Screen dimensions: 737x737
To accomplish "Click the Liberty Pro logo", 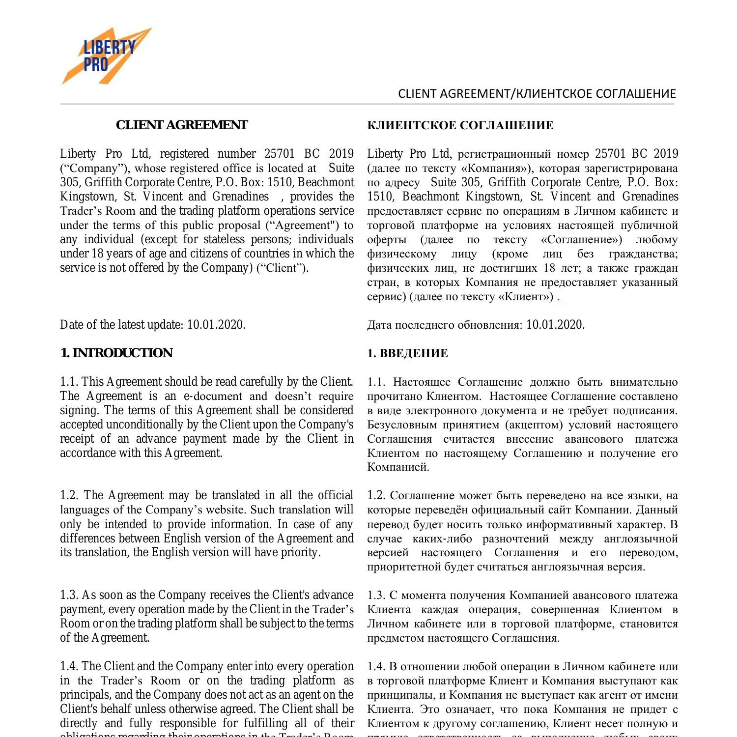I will [x=107, y=56].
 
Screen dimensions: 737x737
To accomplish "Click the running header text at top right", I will [x=537, y=93].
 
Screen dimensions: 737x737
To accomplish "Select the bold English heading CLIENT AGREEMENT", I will [x=182, y=125].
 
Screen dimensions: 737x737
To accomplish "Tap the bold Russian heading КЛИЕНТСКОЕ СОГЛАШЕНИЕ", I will [x=460, y=126].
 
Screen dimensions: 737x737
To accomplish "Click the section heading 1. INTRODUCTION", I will [x=116, y=353].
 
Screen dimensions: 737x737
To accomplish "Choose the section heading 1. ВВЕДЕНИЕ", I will [x=407, y=354].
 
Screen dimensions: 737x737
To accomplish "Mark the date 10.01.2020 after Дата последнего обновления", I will [x=555, y=325].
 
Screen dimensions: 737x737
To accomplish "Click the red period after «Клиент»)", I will [x=558, y=298].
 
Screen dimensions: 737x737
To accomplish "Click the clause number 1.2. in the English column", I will [x=70, y=495].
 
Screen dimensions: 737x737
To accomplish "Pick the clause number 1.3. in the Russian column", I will [x=376, y=595].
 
